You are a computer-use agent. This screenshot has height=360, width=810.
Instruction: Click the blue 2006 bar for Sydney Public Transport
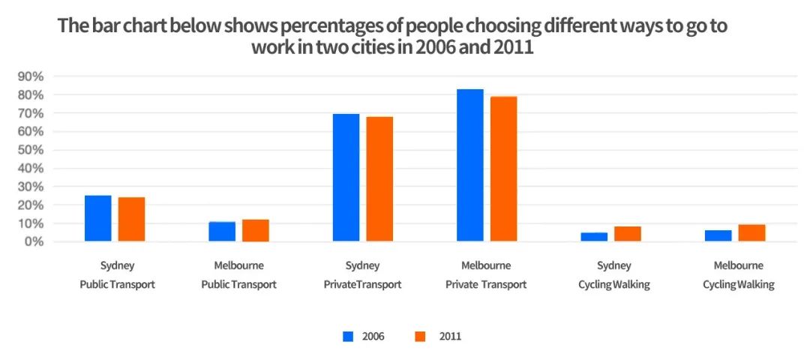click(x=98, y=218)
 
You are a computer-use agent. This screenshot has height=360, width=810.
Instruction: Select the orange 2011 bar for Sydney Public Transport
click(x=131, y=219)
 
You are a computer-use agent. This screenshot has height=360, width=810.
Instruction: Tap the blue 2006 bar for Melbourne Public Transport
click(x=222, y=232)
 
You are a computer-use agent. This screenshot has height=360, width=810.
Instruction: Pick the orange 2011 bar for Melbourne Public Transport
click(x=255, y=230)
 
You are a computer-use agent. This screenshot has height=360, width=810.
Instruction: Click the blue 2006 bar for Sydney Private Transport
click(x=346, y=178)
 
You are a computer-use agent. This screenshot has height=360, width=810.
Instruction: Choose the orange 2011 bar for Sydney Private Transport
click(x=379, y=179)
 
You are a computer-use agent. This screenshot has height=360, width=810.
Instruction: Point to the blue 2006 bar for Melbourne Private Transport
click(x=470, y=165)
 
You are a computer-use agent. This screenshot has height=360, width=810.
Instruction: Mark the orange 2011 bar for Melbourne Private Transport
click(x=503, y=169)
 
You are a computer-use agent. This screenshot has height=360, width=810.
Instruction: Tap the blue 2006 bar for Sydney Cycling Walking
click(x=595, y=237)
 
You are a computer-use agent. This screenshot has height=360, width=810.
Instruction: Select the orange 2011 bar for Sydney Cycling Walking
click(x=628, y=234)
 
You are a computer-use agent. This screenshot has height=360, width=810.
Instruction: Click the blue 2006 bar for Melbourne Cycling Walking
click(x=718, y=235)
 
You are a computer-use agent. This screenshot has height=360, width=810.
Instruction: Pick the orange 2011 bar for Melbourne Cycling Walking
click(x=751, y=232)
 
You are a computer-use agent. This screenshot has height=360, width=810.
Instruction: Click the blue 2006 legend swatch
click(x=348, y=336)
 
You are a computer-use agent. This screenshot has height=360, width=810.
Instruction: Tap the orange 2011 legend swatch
click(x=419, y=336)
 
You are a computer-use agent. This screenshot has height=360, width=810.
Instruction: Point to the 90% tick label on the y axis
click(x=31, y=76)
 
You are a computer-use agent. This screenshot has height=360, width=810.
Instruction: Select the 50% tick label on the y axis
click(x=31, y=150)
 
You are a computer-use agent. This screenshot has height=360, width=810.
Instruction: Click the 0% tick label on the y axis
click(x=34, y=241)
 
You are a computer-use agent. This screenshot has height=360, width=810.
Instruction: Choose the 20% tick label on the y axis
click(x=31, y=205)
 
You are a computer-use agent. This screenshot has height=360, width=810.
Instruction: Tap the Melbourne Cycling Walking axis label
click(x=738, y=275)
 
